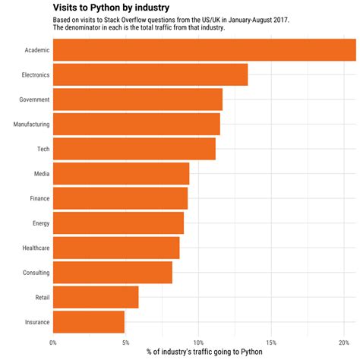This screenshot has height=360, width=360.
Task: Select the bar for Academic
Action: click(204, 50)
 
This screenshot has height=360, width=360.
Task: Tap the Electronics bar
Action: click(150, 74)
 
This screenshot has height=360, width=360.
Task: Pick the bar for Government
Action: click(137, 99)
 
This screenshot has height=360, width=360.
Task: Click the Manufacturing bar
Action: click(137, 125)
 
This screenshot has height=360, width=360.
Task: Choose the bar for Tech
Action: click(134, 149)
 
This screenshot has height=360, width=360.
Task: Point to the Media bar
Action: click(121, 174)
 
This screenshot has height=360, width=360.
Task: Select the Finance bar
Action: click(120, 198)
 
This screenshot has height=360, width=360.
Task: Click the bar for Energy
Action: click(118, 223)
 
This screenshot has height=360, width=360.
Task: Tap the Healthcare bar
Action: click(116, 248)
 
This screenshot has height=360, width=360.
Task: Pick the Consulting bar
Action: click(112, 273)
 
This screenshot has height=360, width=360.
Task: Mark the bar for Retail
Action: click(96, 297)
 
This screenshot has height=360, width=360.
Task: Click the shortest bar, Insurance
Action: click(89, 322)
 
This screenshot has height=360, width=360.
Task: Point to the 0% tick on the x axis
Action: click(53, 342)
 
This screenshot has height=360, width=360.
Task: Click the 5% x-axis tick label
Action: click(125, 342)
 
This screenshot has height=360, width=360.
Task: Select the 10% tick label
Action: click(198, 342)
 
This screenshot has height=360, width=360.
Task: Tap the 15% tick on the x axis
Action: click(270, 342)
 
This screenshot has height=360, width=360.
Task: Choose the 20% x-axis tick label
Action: click(343, 342)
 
